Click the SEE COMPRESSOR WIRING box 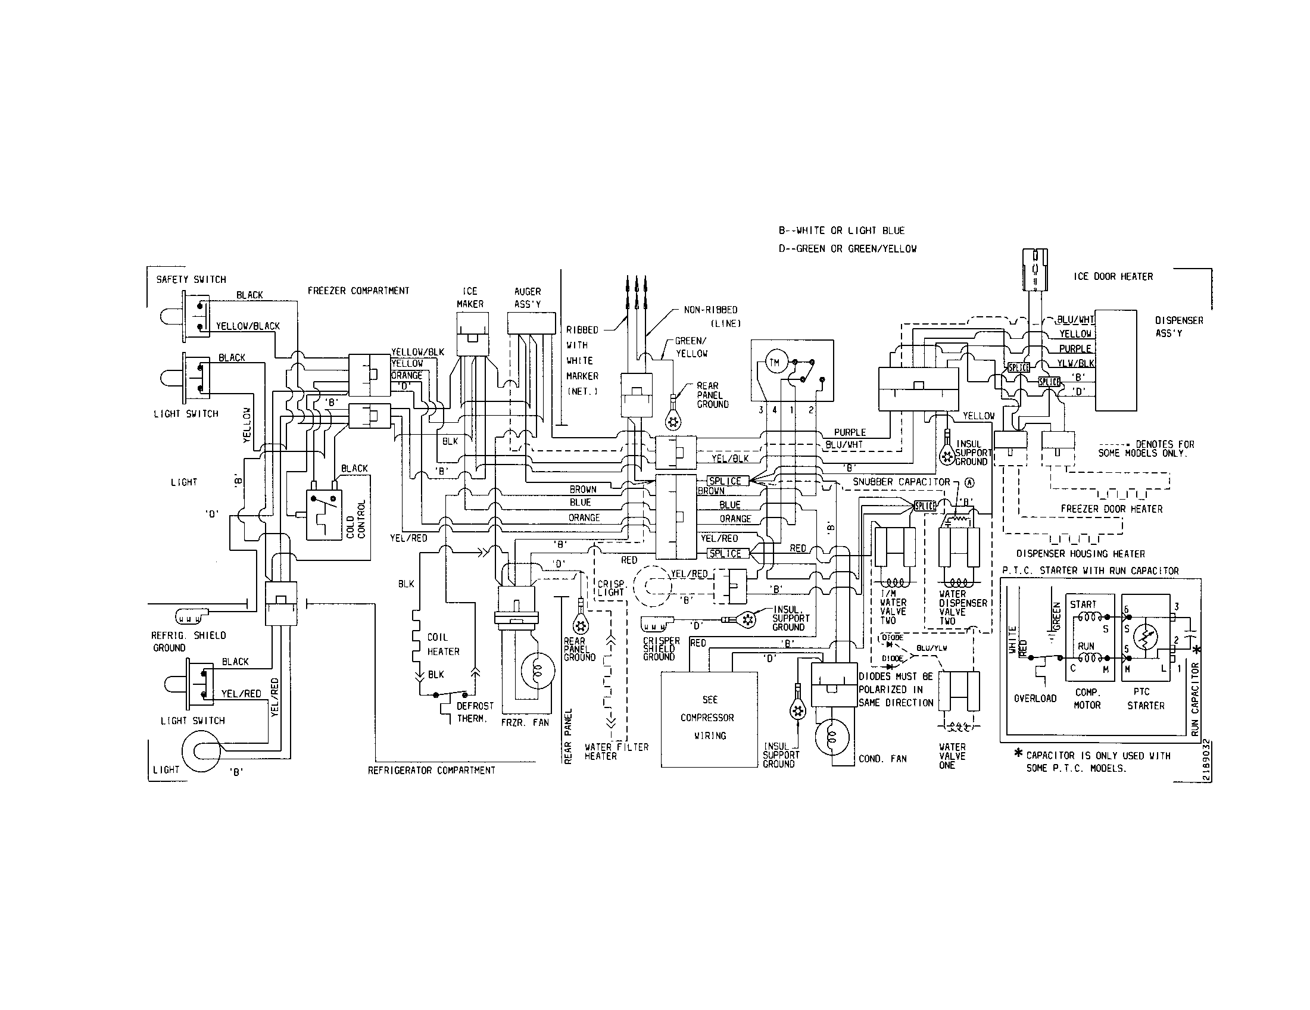(x=710, y=719)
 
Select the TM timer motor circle (x=774, y=363)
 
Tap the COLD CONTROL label (x=355, y=519)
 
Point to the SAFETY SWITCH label (x=191, y=279)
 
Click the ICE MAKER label (x=470, y=298)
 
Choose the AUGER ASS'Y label (x=527, y=298)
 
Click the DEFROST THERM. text (x=475, y=712)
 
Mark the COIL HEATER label (x=443, y=644)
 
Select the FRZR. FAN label (x=525, y=723)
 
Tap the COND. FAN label (x=882, y=759)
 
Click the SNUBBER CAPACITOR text (x=902, y=482)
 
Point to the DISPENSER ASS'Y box (x=1116, y=360)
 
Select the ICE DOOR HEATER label (x=1113, y=276)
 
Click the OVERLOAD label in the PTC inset (x=1035, y=699)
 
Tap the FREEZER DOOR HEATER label (x=1112, y=509)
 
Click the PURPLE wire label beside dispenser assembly (x=1075, y=348)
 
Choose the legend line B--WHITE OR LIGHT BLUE (x=841, y=230)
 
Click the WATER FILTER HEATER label (x=617, y=752)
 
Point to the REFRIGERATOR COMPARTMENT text (x=431, y=770)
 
